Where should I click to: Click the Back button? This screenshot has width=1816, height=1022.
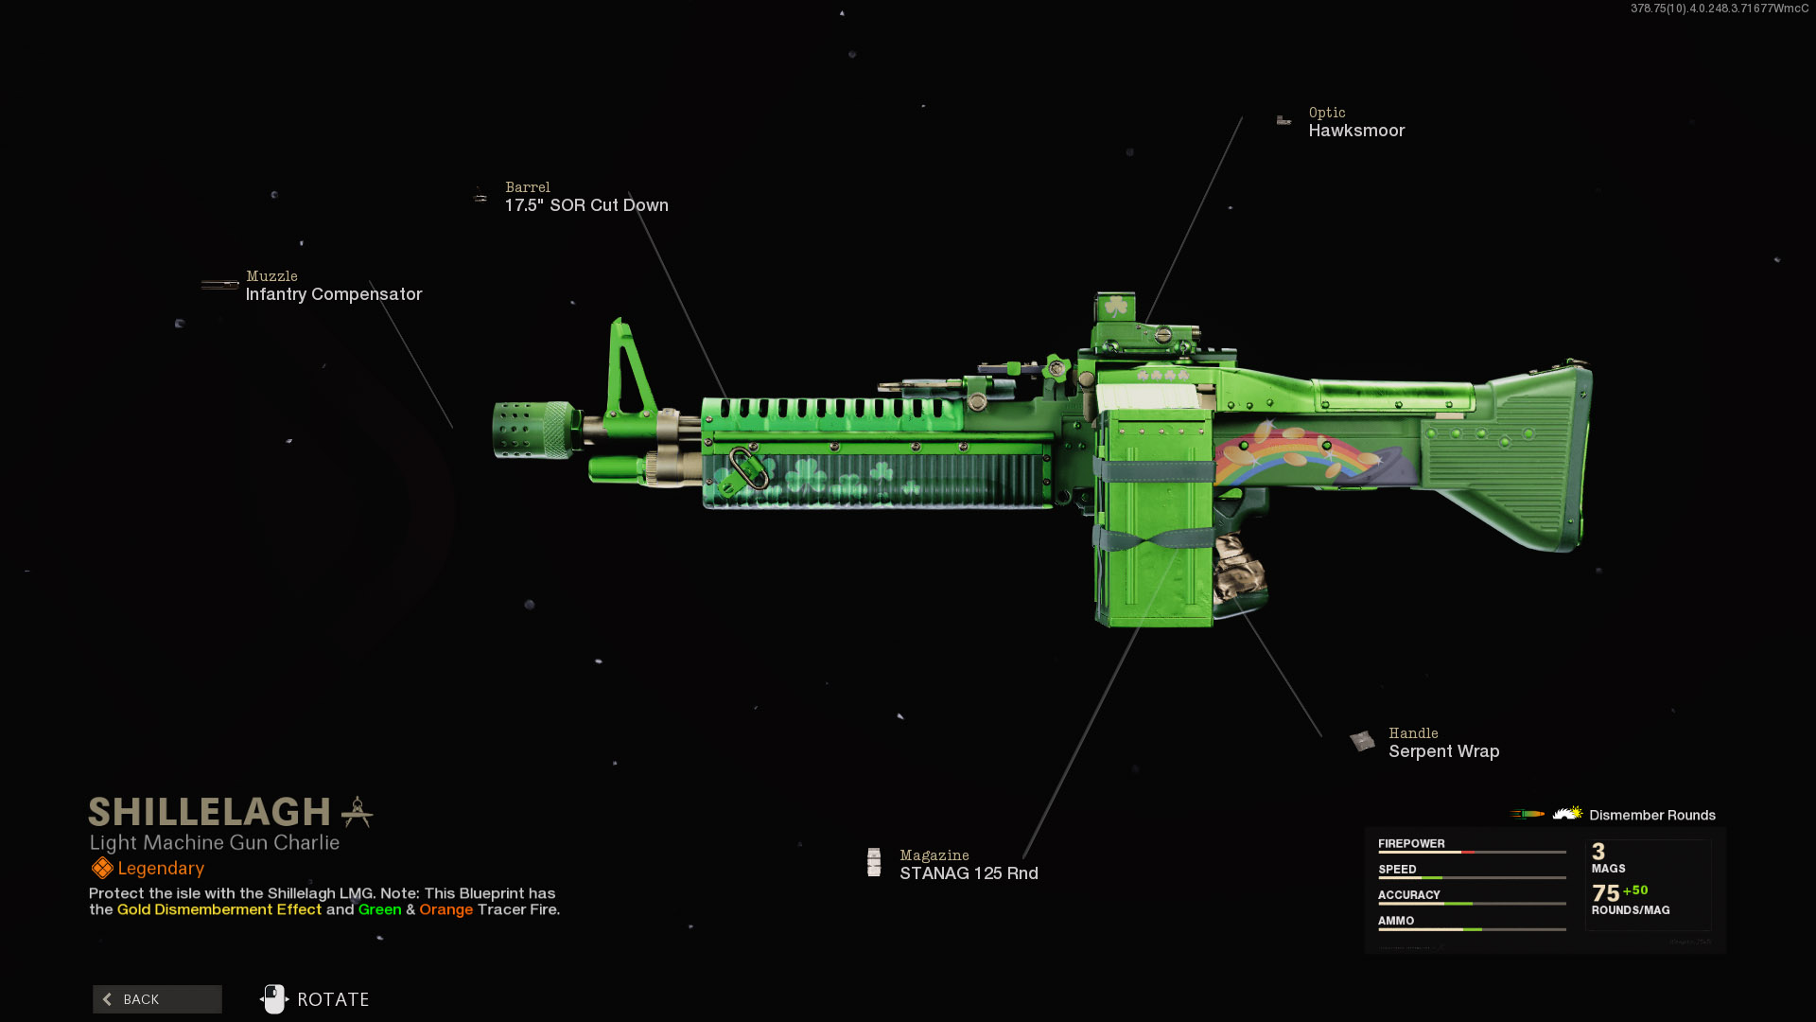pos(157,999)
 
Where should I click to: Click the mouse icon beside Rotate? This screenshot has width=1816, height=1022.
pos(273,999)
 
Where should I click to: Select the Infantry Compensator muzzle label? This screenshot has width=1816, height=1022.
pos(333,294)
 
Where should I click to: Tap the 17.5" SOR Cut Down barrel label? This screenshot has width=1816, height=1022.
pos(585,205)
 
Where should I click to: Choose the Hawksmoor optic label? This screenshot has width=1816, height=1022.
pos(1355,131)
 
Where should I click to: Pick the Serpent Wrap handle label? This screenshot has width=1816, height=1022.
pos(1442,751)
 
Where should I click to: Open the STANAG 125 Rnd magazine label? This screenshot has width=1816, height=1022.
pos(968,873)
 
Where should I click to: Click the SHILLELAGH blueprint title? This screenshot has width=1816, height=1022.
pos(209,812)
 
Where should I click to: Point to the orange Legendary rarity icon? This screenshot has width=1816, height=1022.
pos(102,869)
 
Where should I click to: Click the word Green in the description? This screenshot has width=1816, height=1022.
pos(379,909)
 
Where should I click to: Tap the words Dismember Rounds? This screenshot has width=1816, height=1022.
pos(1651,816)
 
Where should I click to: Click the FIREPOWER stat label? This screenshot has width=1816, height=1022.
pos(1410,844)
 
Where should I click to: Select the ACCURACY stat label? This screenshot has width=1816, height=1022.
pos(1408,895)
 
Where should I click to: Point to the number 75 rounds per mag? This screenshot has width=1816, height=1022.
pos(1605,893)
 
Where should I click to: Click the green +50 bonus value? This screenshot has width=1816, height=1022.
pos(1635,890)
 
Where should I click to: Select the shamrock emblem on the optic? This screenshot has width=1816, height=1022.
pos(1116,307)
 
